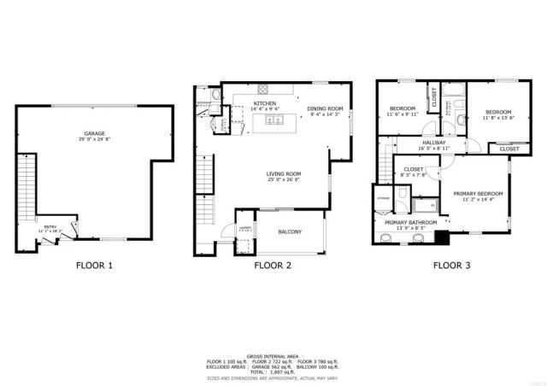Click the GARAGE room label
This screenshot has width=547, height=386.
(95, 134)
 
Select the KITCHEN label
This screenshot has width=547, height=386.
(263, 103)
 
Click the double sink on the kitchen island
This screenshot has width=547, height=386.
(274, 121)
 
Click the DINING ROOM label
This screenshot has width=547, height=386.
(325, 108)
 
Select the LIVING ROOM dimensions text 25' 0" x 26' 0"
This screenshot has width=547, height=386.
(283, 179)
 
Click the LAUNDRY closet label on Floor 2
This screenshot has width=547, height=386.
(244, 228)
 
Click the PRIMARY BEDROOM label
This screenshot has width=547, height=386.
(478, 194)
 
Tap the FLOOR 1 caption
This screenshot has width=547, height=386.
(94, 266)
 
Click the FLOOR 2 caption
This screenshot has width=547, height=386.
(273, 266)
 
